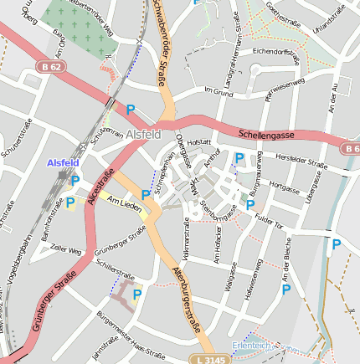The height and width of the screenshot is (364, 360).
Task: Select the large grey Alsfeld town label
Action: tap(148, 132)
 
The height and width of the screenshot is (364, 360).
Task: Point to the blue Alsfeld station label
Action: tap(63, 162)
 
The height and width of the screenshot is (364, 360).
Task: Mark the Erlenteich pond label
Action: tap(252, 345)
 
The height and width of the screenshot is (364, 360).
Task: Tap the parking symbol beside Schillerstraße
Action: tap(137, 294)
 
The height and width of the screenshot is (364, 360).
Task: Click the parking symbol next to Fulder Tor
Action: tap(250, 204)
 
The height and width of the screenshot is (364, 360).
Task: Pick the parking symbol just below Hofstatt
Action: tap(239, 157)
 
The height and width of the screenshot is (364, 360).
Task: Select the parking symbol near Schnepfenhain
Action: tap(146, 195)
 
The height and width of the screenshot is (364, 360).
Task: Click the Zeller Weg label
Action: tap(65, 249)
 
